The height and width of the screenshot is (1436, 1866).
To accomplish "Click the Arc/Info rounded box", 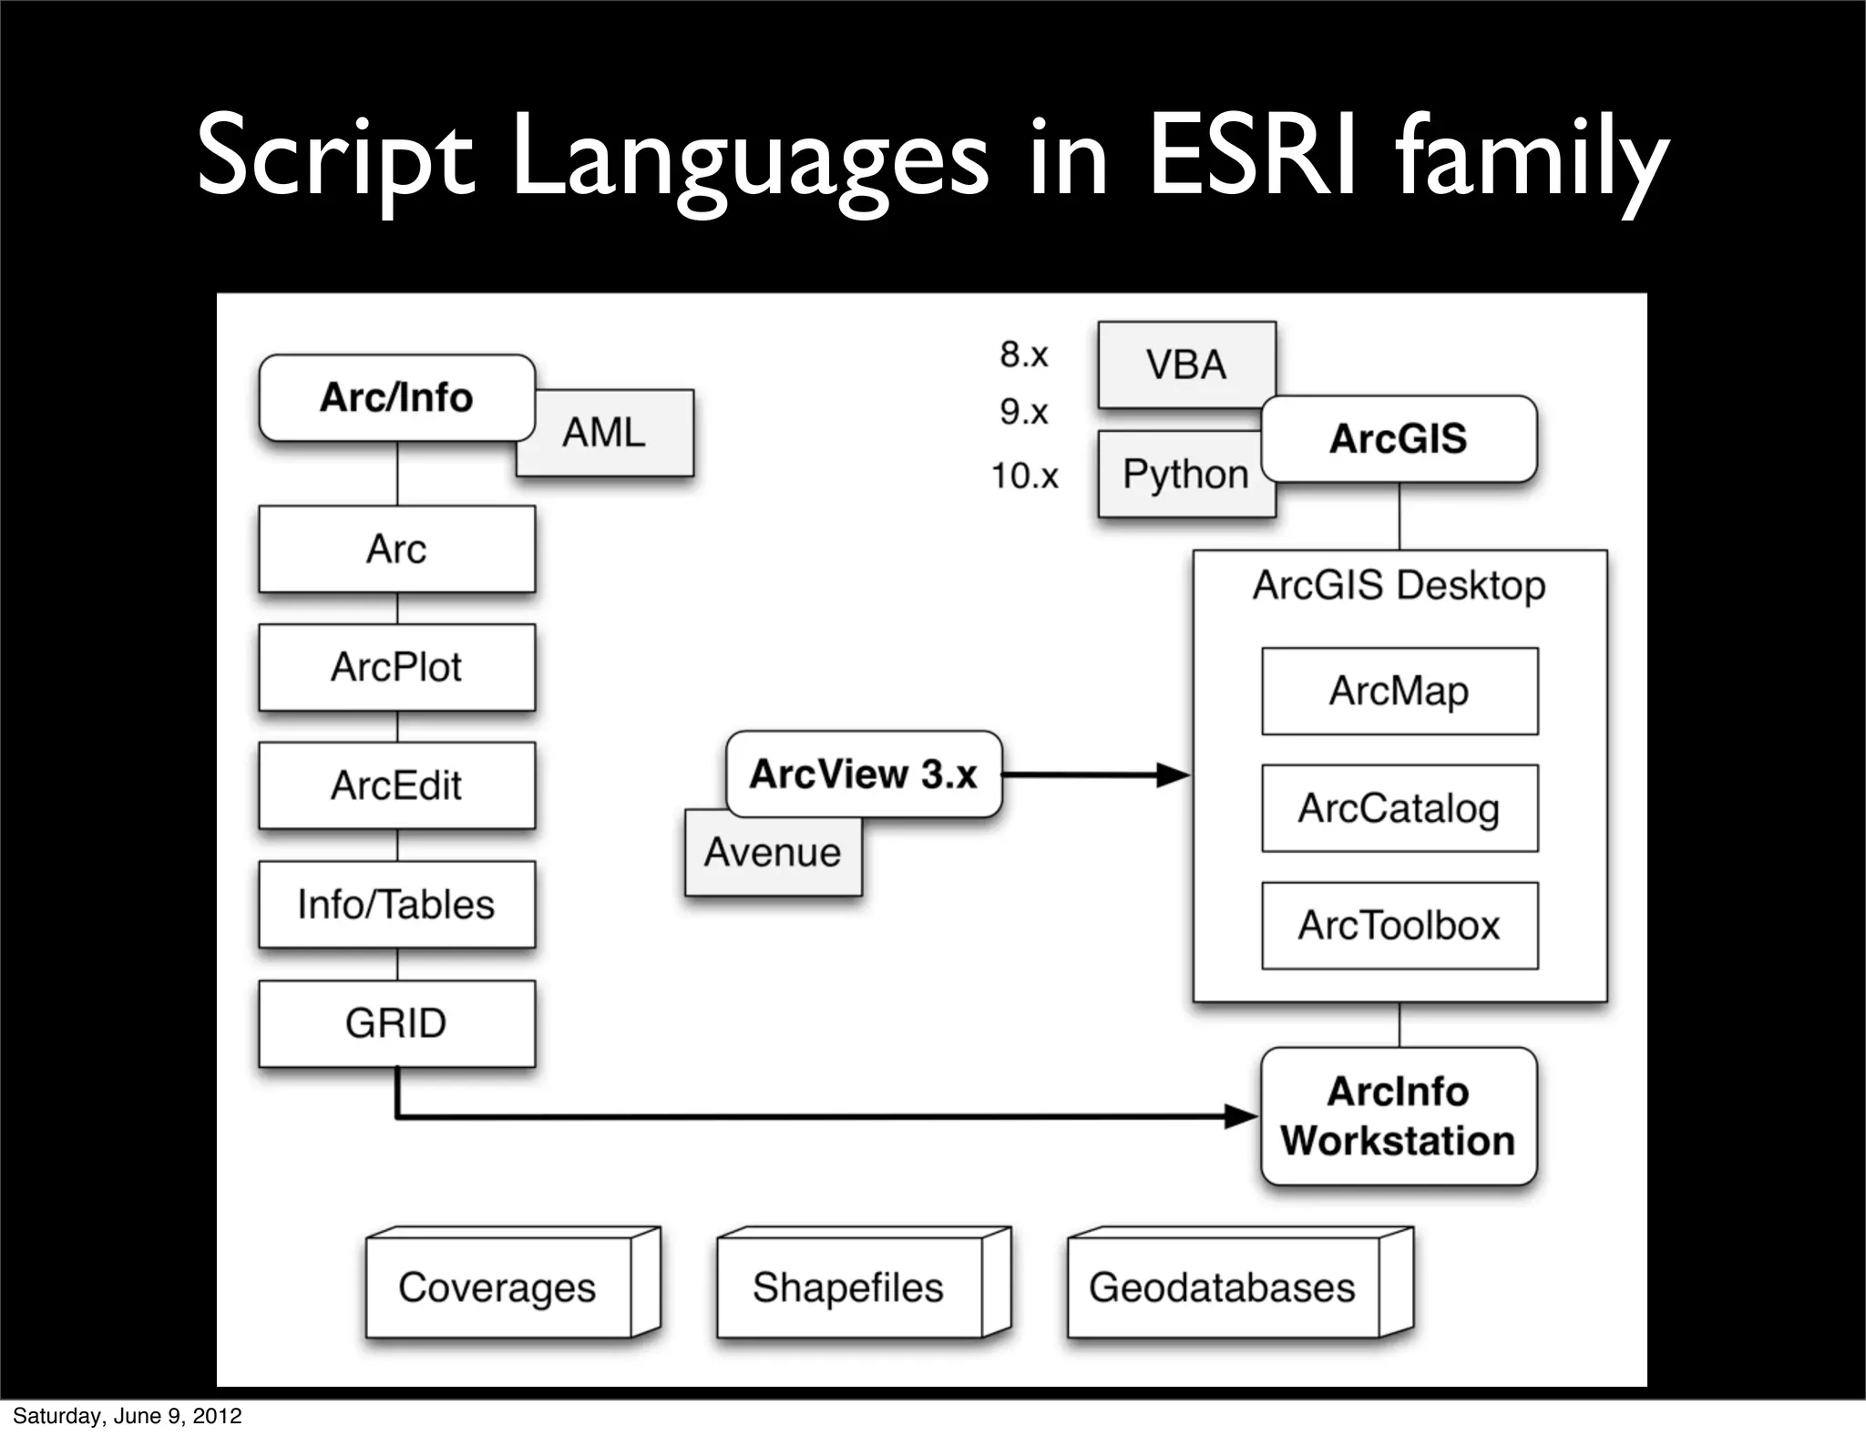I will point(396,398).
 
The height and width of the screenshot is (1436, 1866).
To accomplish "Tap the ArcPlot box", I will point(396,667).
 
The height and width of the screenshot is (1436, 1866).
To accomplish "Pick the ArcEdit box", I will point(396,785).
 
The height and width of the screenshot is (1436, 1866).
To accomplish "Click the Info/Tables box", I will point(396,905).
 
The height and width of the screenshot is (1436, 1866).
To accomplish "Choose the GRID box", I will point(396,1023).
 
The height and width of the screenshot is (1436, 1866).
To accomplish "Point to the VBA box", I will point(1185,364).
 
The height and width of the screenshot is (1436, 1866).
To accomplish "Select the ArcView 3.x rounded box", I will point(863,774).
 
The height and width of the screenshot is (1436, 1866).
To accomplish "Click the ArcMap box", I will point(1399,691).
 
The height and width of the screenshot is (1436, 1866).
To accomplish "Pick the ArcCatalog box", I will point(1399,808).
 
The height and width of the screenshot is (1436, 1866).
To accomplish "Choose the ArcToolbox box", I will point(1399,926).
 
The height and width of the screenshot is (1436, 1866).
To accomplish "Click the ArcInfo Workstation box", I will point(1399,1116).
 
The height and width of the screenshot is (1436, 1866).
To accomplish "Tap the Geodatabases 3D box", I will point(1223,1287).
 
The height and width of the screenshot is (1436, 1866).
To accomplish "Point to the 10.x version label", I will point(1025,476).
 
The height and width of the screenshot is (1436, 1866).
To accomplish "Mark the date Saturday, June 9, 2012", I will point(128,1416).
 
